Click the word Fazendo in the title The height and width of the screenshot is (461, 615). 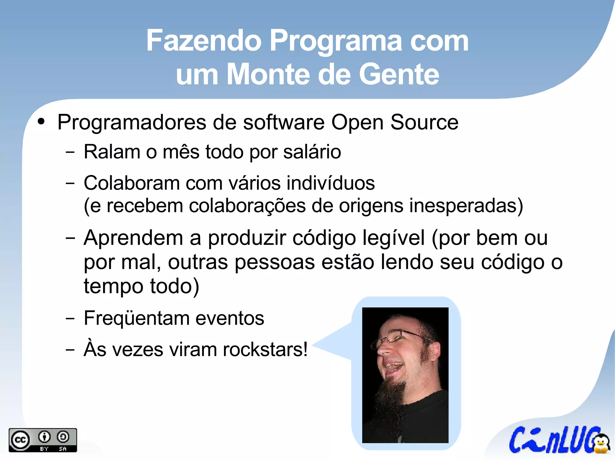tap(204, 41)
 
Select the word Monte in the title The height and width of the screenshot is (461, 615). tap(268, 74)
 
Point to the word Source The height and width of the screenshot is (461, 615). tap(424, 123)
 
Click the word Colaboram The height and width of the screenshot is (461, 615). tap(132, 183)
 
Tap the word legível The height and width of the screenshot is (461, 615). tap(394, 238)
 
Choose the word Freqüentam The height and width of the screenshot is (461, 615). tap(136, 318)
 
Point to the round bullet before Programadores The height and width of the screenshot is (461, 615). tap(41, 122)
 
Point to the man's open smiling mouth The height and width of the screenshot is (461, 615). tap(393, 367)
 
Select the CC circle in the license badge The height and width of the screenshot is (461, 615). tap(20, 440)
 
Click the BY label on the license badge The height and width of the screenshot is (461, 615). tap(44, 449)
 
